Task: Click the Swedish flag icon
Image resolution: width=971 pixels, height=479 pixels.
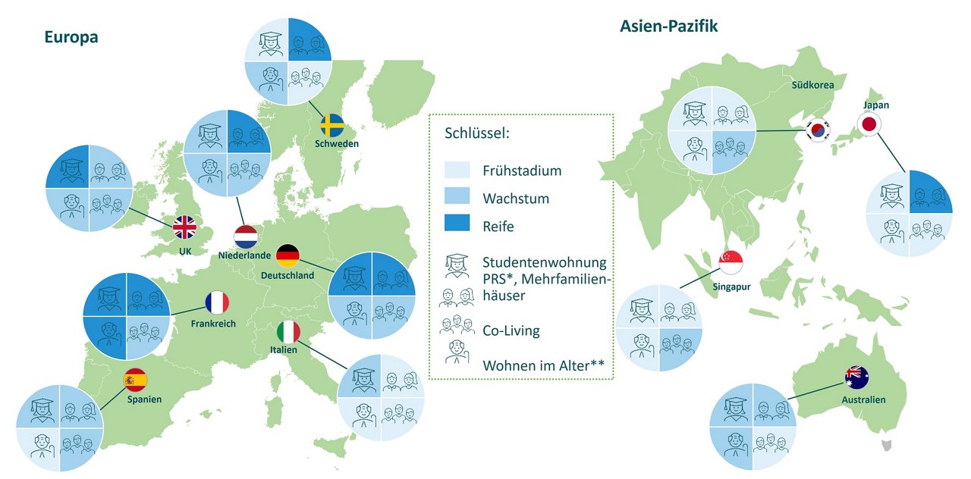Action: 332,125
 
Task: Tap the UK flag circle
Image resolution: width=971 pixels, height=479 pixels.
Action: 184,228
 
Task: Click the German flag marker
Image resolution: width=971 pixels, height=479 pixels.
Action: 288,256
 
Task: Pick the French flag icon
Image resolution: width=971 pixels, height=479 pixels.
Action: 216,303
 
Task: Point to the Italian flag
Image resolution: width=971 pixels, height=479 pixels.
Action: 288,331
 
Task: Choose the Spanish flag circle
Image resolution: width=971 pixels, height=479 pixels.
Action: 136,378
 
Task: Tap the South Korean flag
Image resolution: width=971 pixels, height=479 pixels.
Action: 818,130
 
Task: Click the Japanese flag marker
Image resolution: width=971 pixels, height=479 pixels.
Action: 869,124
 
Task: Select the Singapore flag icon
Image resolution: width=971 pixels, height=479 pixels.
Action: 731,263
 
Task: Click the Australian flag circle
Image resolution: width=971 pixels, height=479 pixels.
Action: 857,377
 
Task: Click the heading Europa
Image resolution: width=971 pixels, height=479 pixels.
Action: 71,37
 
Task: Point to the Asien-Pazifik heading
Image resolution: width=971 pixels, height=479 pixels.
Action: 669,27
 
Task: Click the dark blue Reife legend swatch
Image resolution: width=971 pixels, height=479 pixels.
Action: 459,226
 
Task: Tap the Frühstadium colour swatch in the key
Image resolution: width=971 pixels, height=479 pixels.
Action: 459,170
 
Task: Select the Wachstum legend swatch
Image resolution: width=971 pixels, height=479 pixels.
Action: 459,198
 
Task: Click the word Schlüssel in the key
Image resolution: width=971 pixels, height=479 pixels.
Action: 477,133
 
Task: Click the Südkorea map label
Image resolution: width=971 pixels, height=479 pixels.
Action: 812,85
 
